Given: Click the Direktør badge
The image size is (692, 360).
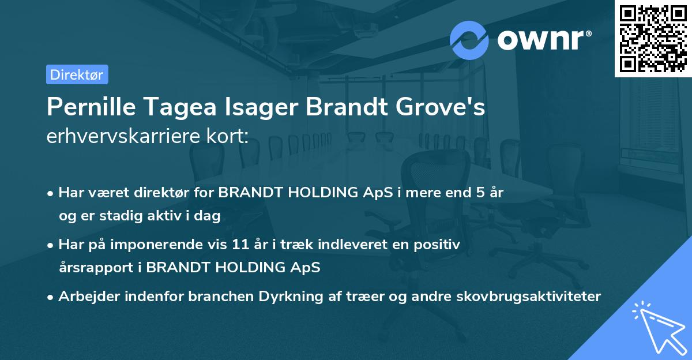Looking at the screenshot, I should (77, 74).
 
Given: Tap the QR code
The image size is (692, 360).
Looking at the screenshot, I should (653, 38).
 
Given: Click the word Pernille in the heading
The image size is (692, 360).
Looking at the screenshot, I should (88, 107).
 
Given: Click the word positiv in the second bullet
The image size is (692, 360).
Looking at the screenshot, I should (439, 244).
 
